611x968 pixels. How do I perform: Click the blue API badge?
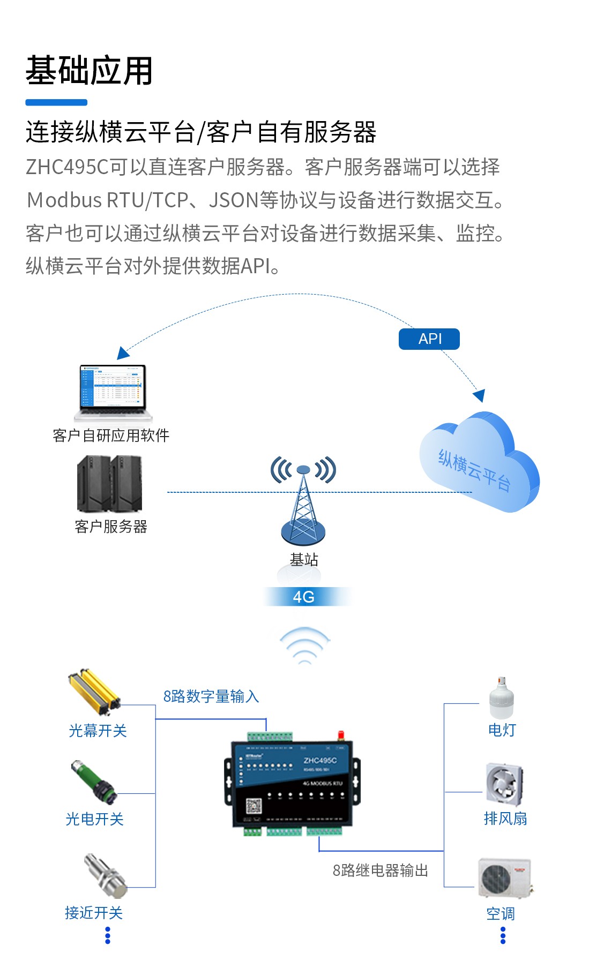coord(429,339)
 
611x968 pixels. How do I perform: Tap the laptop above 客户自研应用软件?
coord(113,393)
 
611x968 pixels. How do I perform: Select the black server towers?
coord(110,484)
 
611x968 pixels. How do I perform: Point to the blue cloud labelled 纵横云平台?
coord(480,463)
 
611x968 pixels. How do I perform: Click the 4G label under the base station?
coord(304,597)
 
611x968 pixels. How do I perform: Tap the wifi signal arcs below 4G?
coord(304,646)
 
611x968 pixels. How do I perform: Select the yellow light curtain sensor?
coord(94,692)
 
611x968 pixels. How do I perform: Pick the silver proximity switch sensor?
coord(105,875)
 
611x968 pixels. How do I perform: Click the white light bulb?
coord(501,697)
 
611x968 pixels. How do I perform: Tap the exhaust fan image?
coord(504,785)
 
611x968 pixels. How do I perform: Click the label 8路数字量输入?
coord(211,696)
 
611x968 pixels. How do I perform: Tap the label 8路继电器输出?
coord(381,871)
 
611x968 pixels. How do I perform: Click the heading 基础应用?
coord(89,71)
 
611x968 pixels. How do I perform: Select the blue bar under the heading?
coord(56,102)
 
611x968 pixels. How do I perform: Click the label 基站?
coord(304,560)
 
